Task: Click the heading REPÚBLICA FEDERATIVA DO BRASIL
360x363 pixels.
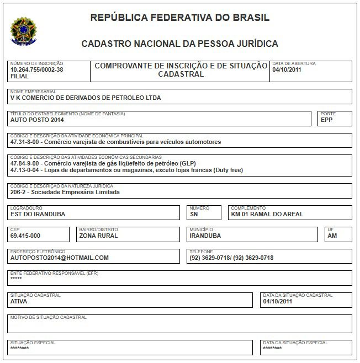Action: pos(180,18)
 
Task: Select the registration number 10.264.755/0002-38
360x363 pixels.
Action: pos(36,70)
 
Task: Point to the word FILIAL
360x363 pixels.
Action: pos(20,77)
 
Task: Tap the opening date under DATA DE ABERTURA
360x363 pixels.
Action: pos(287,70)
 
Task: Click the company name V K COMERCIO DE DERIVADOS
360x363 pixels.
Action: pos(86,98)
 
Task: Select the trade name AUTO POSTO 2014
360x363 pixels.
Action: pos(37,120)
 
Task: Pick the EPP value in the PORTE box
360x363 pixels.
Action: pos(327,120)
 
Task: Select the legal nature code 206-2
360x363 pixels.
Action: pos(20,193)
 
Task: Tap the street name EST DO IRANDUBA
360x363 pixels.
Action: pos(38,214)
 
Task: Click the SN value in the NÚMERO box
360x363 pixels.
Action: pos(193,214)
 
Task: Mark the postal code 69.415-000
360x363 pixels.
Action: pos(25,236)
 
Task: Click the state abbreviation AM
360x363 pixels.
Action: pos(332,236)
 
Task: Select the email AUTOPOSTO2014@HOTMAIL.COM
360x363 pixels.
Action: pos(60,258)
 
